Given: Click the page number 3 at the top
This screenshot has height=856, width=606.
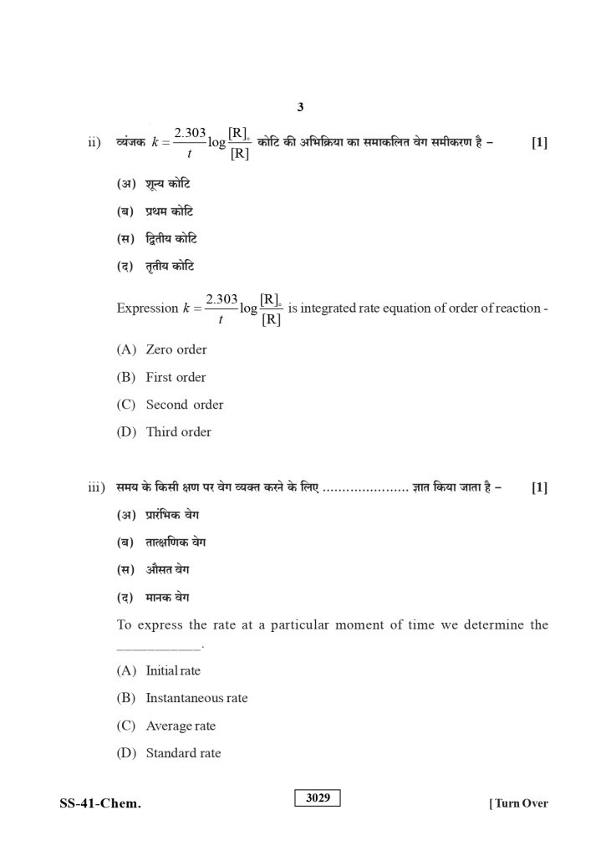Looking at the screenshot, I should coord(300,107).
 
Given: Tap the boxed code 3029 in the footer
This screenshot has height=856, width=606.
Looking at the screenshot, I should coord(318,797).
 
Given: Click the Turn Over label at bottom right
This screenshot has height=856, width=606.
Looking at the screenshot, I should coord(518,804).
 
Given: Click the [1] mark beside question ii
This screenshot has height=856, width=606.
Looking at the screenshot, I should coord(539,142).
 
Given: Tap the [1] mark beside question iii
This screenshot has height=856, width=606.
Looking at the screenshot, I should coord(539,488).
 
